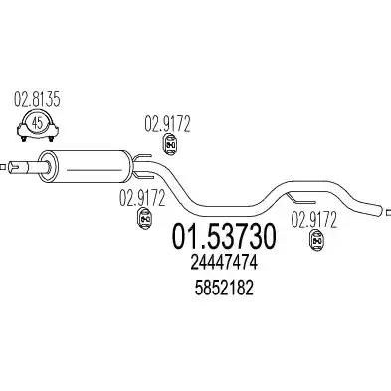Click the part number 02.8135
(x=37, y=99)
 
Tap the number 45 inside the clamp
(x=38, y=123)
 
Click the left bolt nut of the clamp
(x=24, y=139)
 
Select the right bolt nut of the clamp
(x=51, y=139)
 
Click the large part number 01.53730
(x=224, y=237)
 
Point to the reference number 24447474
(x=224, y=264)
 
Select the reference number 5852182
(x=224, y=288)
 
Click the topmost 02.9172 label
(x=167, y=124)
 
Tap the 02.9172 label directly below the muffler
(x=142, y=198)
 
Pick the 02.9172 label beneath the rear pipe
(x=313, y=219)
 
